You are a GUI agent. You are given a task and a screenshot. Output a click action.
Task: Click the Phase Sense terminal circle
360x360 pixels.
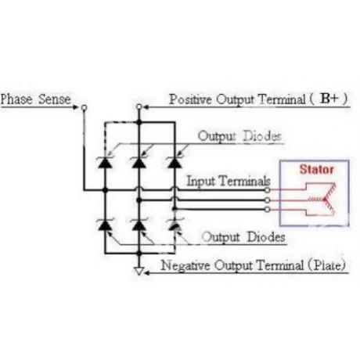pyautogui.click(x=84, y=107)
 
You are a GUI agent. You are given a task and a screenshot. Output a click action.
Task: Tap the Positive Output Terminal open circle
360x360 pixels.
pyautogui.click(x=139, y=106)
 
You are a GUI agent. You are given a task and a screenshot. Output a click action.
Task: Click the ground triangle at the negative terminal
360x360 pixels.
pyautogui.click(x=139, y=271)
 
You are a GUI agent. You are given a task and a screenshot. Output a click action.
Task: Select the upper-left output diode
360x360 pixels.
pyautogui.click(x=105, y=162)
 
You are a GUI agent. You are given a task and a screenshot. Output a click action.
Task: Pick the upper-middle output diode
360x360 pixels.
pyautogui.click(x=139, y=162)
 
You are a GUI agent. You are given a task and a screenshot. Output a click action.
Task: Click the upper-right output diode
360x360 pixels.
pyautogui.click(x=175, y=162)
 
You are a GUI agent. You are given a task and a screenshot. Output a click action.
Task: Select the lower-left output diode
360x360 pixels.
pyautogui.click(x=105, y=225)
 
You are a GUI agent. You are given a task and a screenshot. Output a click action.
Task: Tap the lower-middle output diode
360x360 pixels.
pyautogui.click(x=139, y=225)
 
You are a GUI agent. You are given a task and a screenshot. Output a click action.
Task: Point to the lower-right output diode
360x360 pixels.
pyautogui.click(x=175, y=225)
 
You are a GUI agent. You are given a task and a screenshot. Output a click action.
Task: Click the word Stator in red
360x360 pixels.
pyautogui.click(x=316, y=170)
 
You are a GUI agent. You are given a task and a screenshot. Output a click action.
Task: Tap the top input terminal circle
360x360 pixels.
pyautogui.click(x=267, y=190)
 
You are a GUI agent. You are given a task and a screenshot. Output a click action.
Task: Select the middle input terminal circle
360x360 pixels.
pyautogui.click(x=267, y=200)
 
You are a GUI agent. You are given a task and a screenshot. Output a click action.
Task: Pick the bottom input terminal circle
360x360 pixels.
pyautogui.click(x=267, y=209)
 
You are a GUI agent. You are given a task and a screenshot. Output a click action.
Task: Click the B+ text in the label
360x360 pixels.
pyautogui.click(x=329, y=99)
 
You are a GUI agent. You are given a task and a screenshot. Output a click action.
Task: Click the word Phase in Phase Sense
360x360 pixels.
pyautogui.click(x=16, y=99)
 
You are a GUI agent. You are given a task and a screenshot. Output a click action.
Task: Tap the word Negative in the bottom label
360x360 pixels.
pyautogui.click(x=185, y=265)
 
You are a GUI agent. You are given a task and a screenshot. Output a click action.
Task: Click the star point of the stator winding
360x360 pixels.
pyautogui.click(x=325, y=200)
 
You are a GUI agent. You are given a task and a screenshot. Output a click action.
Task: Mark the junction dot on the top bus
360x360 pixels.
pyautogui.click(x=139, y=122)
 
